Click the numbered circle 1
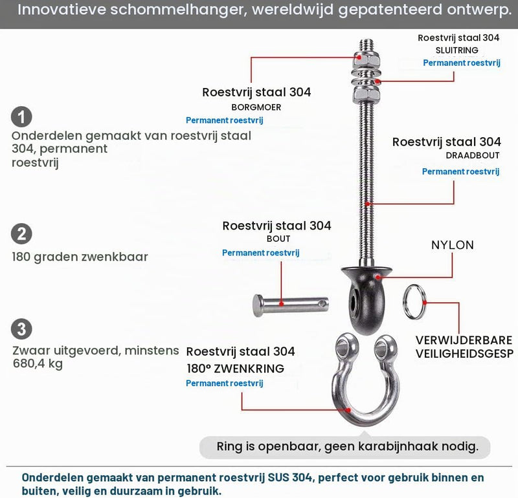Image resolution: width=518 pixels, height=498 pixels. point(21,117)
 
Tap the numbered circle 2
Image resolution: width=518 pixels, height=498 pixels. point(21,234)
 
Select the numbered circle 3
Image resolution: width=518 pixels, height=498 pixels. point(21,329)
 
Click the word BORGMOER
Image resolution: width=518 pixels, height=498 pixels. point(256,107)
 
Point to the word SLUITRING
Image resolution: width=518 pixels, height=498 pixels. point(457,50)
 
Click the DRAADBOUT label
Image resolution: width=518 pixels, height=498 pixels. point(473,155)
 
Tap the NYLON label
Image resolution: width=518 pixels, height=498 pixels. point(453,245)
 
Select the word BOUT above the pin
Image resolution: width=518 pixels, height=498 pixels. point(278,239)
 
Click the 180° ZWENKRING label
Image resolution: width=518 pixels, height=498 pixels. point(236,368)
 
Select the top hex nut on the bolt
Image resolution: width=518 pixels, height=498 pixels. point(366,60)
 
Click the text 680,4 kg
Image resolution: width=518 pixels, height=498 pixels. point(38,363)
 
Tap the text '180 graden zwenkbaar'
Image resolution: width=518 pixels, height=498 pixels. point(80,257)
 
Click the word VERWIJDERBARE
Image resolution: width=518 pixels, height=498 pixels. point(464,340)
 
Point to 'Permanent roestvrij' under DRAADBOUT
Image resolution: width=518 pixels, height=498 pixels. point(460,171)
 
